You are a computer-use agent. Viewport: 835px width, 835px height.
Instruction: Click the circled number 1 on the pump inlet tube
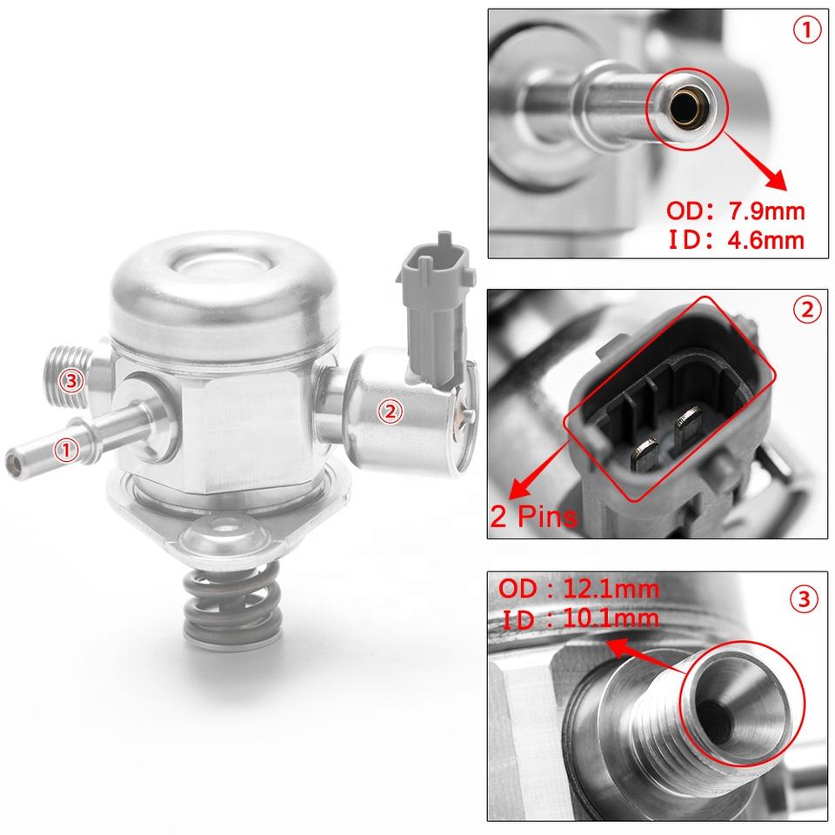(x=66, y=450)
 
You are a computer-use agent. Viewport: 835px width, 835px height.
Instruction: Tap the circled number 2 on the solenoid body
(x=391, y=411)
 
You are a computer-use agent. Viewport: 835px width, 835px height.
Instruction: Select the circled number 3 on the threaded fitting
(x=70, y=381)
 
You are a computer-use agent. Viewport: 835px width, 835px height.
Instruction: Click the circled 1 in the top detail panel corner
(x=807, y=30)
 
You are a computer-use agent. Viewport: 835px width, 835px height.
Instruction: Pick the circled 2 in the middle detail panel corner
(x=807, y=310)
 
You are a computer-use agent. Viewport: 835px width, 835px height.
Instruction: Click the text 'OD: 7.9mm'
(x=736, y=211)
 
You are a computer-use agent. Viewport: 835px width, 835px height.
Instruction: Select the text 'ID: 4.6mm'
(x=737, y=240)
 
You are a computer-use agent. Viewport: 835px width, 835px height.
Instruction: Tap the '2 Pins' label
(x=533, y=516)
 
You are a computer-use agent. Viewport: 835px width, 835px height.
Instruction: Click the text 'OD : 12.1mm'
(x=579, y=589)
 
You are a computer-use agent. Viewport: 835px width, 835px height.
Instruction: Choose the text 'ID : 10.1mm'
(x=580, y=618)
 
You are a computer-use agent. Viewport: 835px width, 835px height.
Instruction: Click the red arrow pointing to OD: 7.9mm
(x=755, y=161)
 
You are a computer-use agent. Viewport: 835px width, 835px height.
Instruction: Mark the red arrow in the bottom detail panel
(x=645, y=656)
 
